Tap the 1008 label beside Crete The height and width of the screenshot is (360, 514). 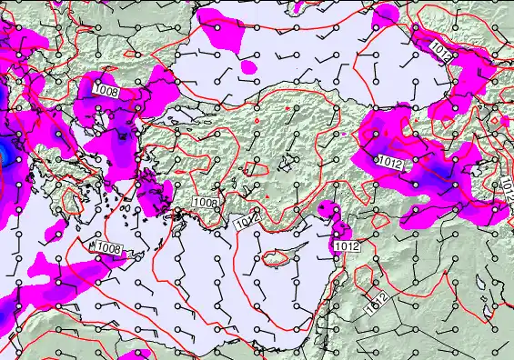pos(109,247)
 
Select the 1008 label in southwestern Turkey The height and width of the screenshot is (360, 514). pos(206,203)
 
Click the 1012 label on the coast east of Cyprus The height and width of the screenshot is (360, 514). pos(346,246)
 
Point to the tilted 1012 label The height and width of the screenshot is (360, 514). pos(376,304)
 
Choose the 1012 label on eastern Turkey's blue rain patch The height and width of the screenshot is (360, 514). pos(389,161)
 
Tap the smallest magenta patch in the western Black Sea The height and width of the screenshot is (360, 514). pos(248,67)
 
